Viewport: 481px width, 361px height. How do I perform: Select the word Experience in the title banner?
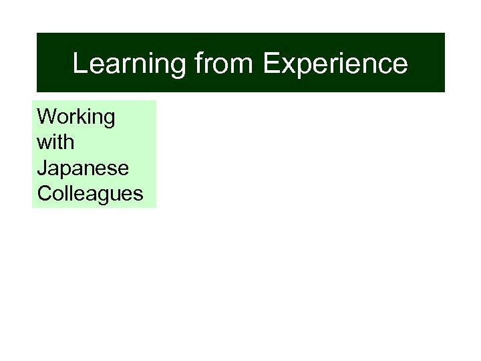(335, 64)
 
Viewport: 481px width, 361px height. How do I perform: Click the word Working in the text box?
(76, 118)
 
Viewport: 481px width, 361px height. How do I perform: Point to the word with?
(56, 143)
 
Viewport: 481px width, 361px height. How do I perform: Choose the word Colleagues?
(90, 194)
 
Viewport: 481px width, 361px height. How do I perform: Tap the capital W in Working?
(47, 117)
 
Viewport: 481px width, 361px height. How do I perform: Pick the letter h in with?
(69, 142)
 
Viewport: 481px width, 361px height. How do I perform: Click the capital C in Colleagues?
(45, 194)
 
